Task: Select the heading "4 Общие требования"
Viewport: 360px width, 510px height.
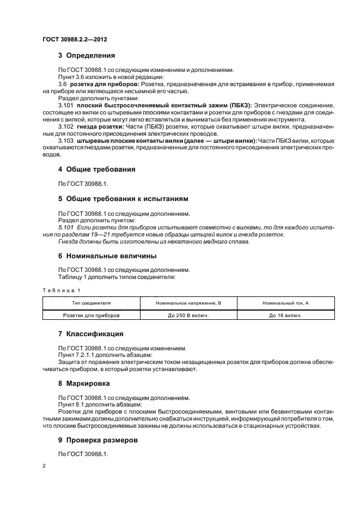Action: [97, 169]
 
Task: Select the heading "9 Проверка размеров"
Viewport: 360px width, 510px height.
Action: [98, 440]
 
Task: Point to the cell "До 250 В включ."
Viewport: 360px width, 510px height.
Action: [188, 315]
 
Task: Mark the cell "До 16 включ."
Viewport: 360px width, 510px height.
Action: [285, 315]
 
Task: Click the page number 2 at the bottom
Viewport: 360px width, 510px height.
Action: [44, 466]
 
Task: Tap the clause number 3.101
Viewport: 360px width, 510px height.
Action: [65, 105]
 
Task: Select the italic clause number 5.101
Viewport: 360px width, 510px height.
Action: [65, 227]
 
